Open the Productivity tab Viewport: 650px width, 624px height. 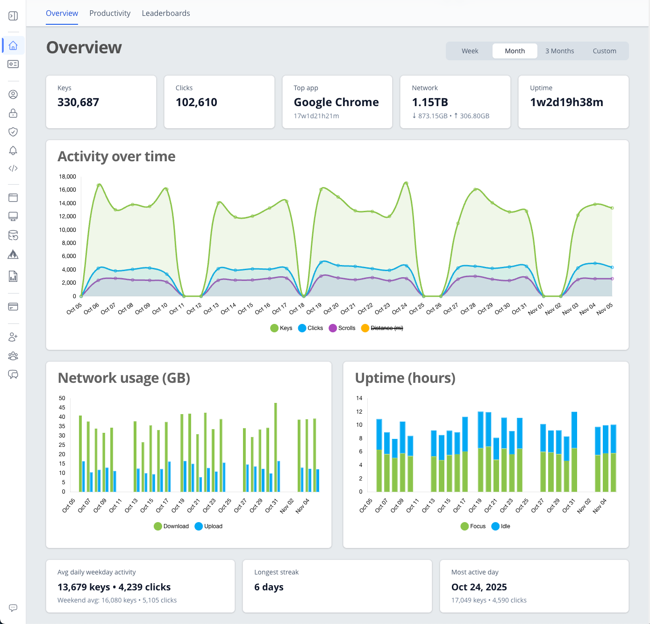pyautogui.click(x=110, y=13)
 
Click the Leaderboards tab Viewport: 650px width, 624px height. pyautogui.click(x=166, y=13)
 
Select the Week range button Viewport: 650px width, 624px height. pyautogui.click(x=470, y=51)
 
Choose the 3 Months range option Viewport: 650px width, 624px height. pyautogui.click(x=559, y=51)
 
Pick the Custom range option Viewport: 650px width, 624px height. pyautogui.click(x=604, y=51)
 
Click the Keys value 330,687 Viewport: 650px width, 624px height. pyautogui.click(x=78, y=102)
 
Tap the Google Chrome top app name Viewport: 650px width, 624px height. pyautogui.click(x=336, y=102)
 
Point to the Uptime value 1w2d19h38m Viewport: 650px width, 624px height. pyautogui.click(x=566, y=102)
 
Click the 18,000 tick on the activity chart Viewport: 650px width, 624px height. pyautogui.click(x=67, y=177)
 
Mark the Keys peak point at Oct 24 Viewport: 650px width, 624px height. pyautogui.click(x=406, y=183)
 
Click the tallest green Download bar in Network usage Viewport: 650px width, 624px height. pyautogui.click(x=276, y=446)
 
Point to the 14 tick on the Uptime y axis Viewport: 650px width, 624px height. pyautogui.click(x=359, y=398)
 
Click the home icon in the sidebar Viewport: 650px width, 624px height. pyautogui.click(x=13, y=45)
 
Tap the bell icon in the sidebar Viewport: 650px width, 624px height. pyautogui.click(x=13, y=151)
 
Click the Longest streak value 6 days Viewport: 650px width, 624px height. pyautogui.click(x=269, y=587)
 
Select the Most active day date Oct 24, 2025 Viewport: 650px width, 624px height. pyautogui.click(x=479, y=587)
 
